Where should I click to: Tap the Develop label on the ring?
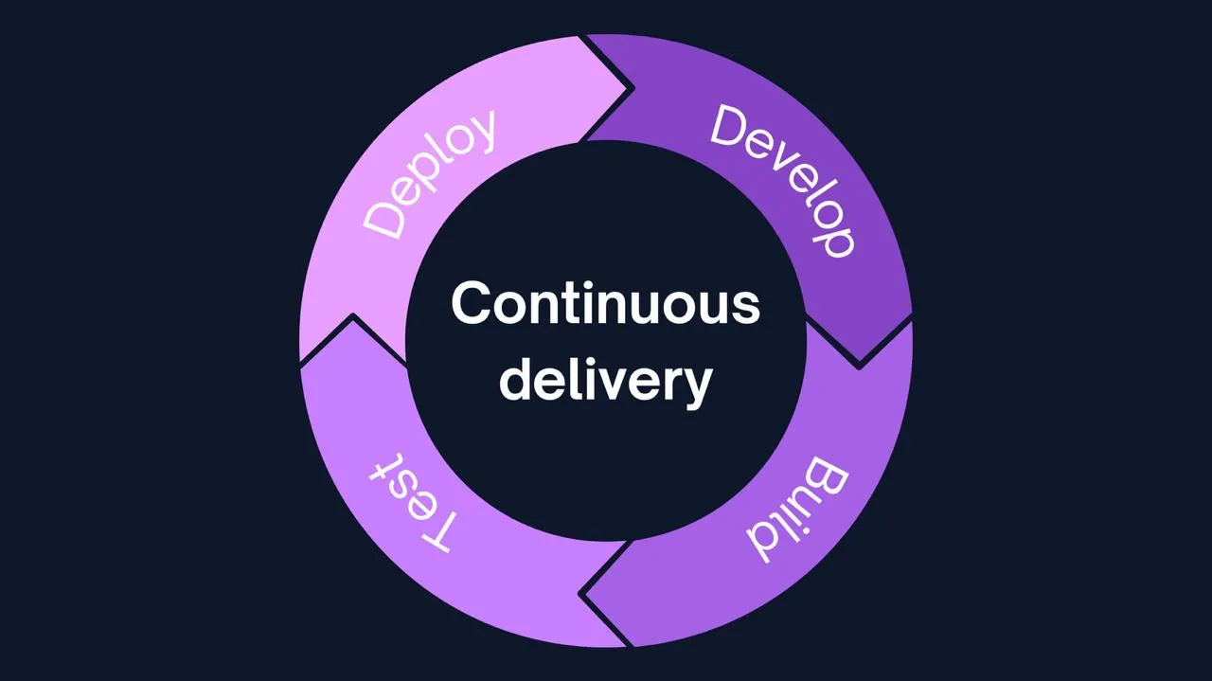pos(784,180)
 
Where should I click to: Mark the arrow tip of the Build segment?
pos(584,595)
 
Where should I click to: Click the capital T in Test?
pos(441,532)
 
